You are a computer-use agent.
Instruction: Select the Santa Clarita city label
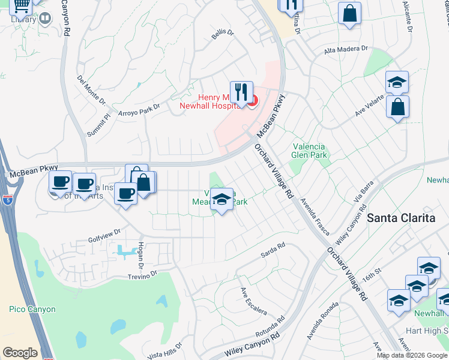point(401,218)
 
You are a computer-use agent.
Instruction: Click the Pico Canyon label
point(32,310)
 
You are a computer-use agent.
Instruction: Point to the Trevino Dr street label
point(142,274)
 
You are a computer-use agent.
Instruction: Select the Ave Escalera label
point(253,301)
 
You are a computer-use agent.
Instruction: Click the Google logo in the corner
point(20,352)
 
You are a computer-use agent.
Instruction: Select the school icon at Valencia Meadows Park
point(221,200)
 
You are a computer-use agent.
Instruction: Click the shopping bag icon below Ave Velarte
point(397,107)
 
